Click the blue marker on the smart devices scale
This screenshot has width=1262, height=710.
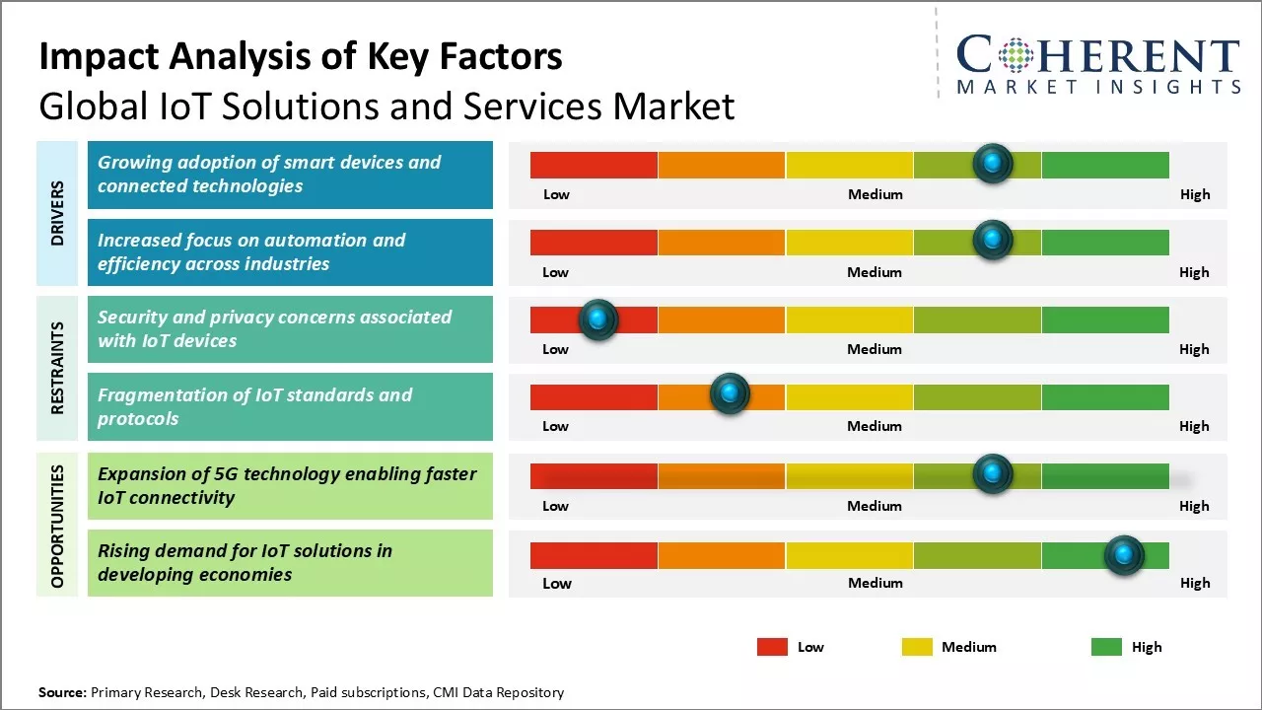click(x=993, y=163)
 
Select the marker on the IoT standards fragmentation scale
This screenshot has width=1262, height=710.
click(x=730, y=394)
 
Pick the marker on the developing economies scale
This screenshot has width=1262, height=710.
click(x=1123, y=555)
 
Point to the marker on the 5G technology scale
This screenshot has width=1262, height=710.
click(x=993, y=474)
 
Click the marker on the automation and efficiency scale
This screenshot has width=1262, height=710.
click(x=993, y=240)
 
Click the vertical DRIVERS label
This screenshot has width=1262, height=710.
click(x=57, y=212)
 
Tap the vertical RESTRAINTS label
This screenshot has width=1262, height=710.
click(x=57, y=368)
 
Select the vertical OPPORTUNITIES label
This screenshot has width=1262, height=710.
click(x=57, y=526)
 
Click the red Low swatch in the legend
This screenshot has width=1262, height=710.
click(x=772, y=647)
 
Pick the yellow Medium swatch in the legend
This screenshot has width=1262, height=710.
click(x=917, y=647)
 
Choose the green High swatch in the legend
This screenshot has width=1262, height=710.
click(x=1106, y=647)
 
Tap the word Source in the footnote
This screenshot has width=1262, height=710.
click(x=62, y=692)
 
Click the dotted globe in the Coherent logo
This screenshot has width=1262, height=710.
click(x=1016, y=56)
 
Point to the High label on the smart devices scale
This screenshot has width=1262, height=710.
click(x=1195, y=194)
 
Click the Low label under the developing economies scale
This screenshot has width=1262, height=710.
click(x=557, y=583)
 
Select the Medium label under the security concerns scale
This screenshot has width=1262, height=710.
click(x=875, y=349)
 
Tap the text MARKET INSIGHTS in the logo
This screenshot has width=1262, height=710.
click(x=1098, y=88)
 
